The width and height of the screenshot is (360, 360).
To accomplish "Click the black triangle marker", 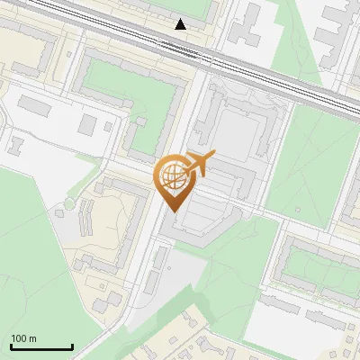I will pos(181,24).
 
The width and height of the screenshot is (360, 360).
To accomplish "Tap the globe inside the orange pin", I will pos(173,175).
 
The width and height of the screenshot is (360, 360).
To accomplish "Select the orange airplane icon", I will pos(199,165).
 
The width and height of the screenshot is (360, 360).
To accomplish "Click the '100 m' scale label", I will pos(23,338).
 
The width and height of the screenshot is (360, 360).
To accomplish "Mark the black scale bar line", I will pos(41,346).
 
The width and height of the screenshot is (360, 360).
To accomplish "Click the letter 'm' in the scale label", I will pos(32,338).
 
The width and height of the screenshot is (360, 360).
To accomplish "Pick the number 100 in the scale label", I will pos(19,338).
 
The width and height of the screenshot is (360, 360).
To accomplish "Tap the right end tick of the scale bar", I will pos(72,345).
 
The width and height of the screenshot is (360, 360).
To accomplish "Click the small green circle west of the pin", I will pos(68,204).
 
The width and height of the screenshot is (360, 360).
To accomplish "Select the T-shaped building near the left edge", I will pos(17,144).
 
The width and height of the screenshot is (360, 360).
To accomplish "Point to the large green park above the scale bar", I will pos(36,261).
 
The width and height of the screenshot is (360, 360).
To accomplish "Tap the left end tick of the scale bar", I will pos(11,345).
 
